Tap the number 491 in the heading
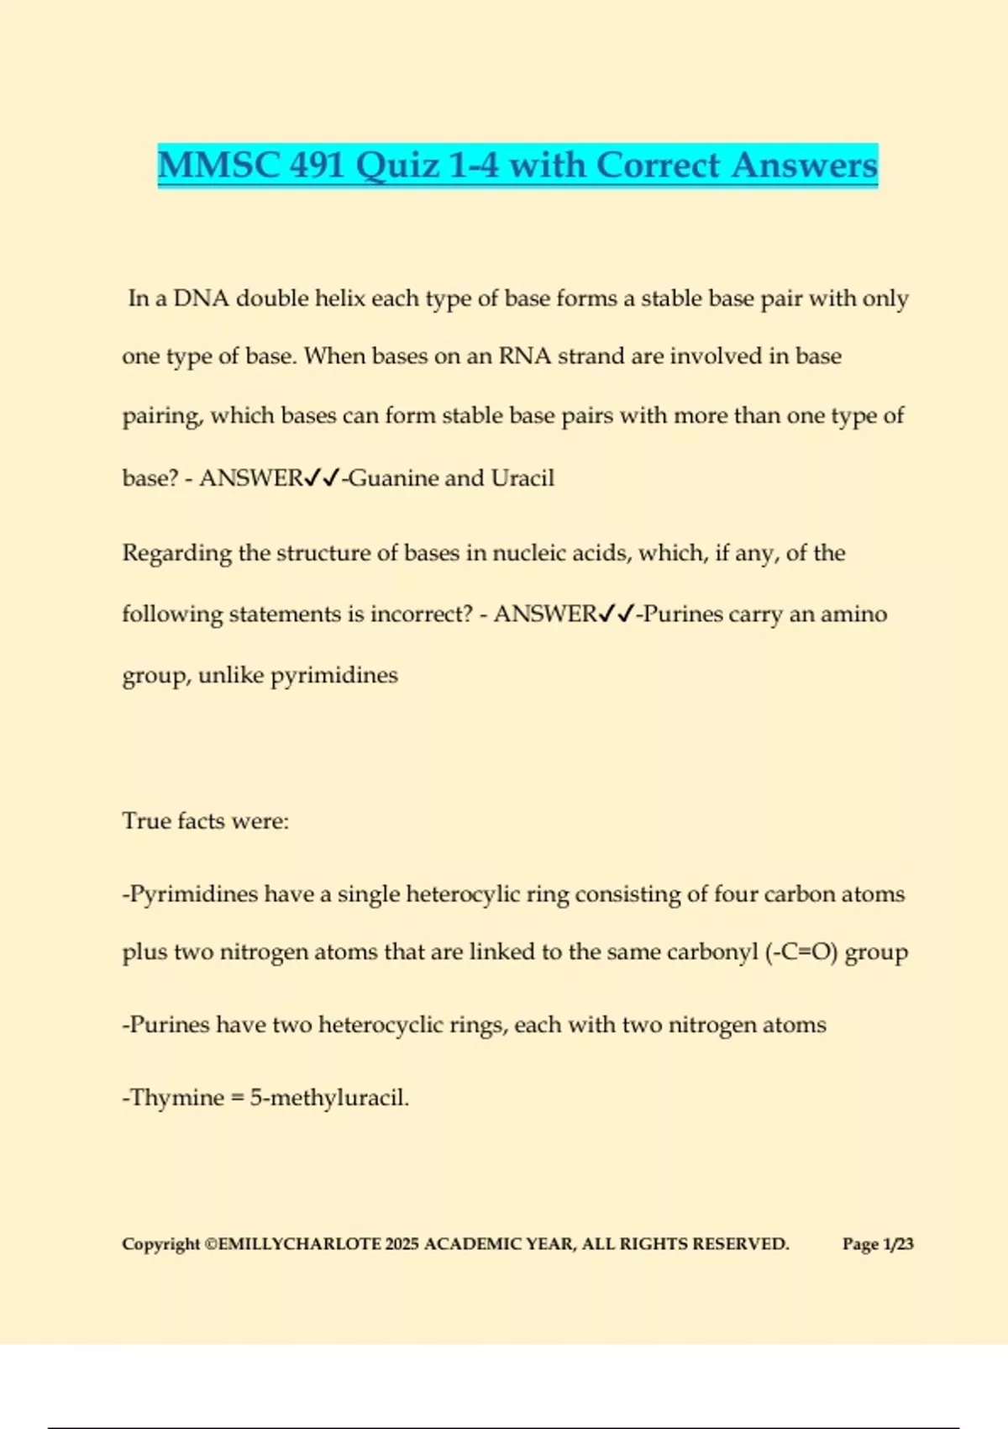point(317,165)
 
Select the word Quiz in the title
point(397,165)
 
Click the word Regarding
point(176,553)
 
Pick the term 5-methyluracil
point(328,1098)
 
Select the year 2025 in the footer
point(402,1244)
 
